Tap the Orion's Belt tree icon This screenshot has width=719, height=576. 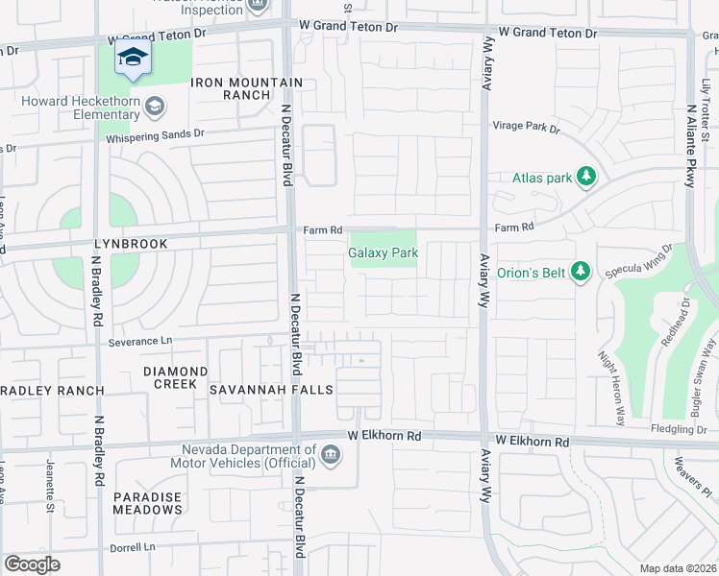click(x=580, y=272)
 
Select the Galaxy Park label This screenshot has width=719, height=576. click(x=383, y=253)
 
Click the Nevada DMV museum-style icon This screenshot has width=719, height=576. click(x=331, y=454)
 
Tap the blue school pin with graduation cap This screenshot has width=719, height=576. click(x=134, y=59)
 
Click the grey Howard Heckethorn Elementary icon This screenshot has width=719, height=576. click(x=154, y=108)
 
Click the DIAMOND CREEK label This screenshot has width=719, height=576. click(x=175, y=377)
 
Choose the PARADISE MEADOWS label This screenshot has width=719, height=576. click(x=147, y=503)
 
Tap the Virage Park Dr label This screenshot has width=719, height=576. click(x=526, y=127)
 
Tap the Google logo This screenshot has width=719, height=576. click(x=32, y=564)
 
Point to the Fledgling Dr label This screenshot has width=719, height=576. click(x=678, y=428)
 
